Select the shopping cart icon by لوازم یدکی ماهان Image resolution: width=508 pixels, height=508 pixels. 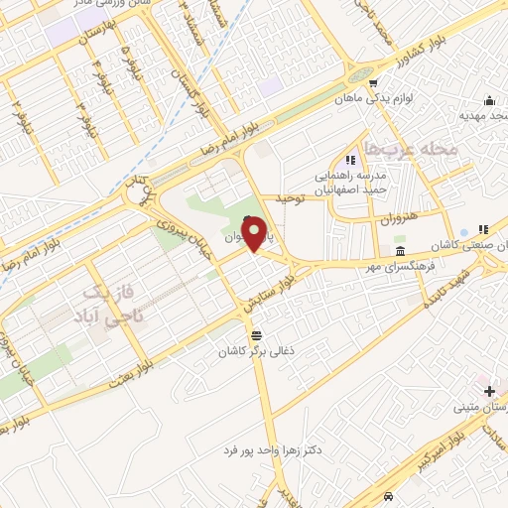tap(373, 83)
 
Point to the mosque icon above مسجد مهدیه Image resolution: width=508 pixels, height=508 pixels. tap(489, 100)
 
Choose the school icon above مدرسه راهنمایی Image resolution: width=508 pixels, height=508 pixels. tap(349, 160)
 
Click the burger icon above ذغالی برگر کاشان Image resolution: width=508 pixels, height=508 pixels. tap(258, 333)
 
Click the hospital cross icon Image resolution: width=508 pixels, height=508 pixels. tap(488, 392)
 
